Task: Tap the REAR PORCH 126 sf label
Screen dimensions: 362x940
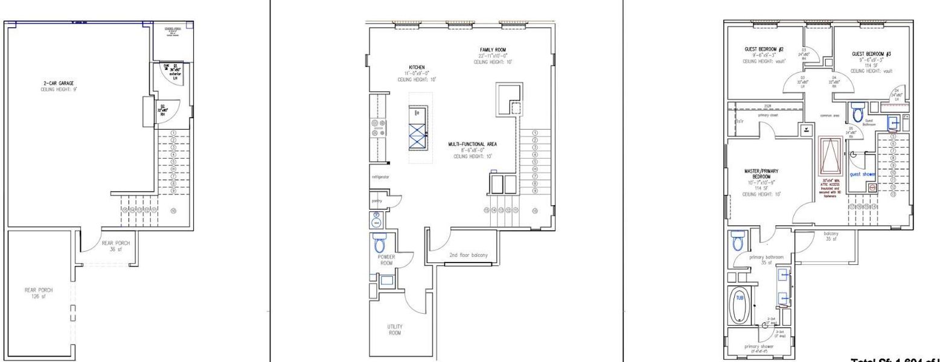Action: pos(39,293)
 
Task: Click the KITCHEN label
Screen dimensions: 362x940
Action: pos(417,67)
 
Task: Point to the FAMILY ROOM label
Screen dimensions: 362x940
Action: pos(493,49)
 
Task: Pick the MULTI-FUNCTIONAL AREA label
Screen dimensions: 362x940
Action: pos(472,144)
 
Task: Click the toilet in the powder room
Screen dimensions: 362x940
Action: pos(380,244)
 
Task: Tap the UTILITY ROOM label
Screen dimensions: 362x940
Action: pos(395,329)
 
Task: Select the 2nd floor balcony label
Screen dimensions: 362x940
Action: pos(468,255)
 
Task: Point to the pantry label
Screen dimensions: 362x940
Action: pos(377,200)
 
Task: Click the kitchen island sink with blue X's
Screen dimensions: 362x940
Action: pos(417,136)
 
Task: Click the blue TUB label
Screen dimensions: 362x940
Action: pos(740,297)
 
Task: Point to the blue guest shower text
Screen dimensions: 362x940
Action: pos(862,174)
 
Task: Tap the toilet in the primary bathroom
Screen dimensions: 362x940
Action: pos(737,243)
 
